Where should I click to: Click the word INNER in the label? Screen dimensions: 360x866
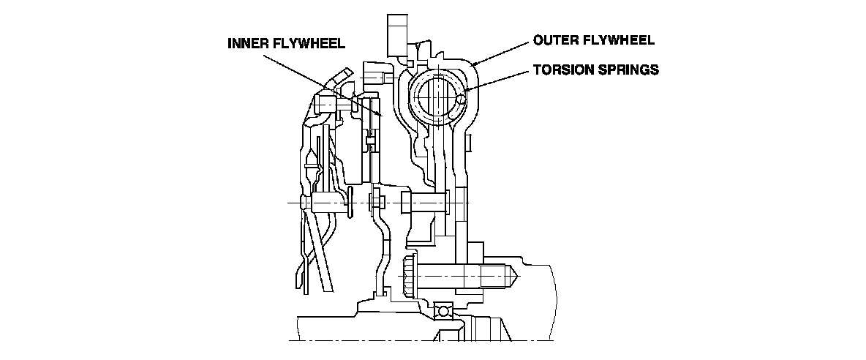[249, 43]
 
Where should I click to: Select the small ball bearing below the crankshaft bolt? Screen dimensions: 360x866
[442, 310]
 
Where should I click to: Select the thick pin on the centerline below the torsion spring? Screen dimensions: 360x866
[424, 201]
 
